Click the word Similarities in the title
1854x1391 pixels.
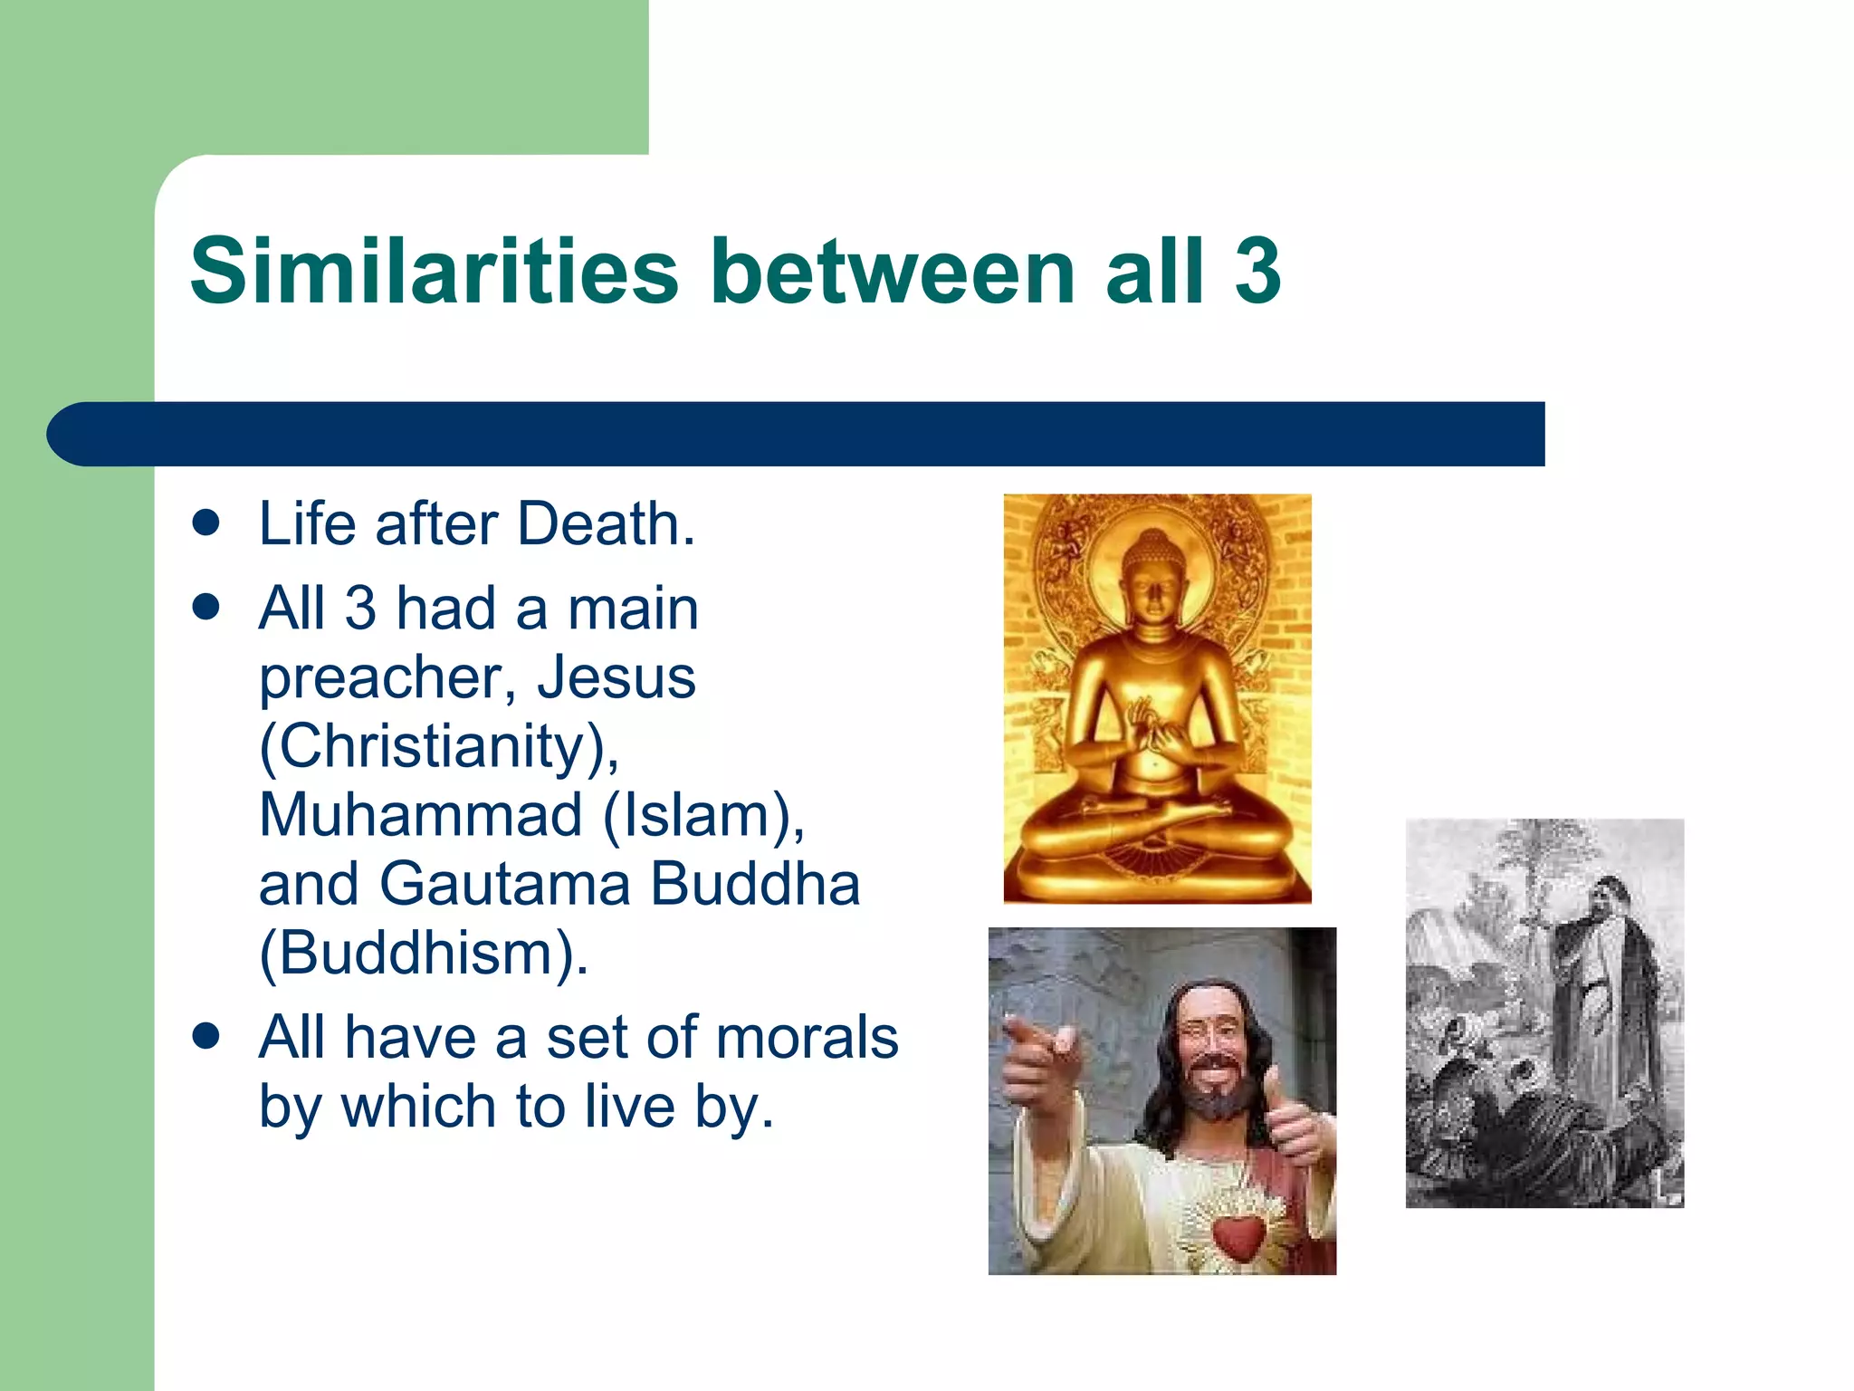pyautogui.click(x=434, y=271)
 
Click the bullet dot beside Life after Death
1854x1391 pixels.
pyautogui.click(x=206, y=523)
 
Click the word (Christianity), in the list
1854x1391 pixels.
pyautogui.click(x=440, y=746)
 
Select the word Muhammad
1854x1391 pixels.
pyautogui.click(x=421, y=815)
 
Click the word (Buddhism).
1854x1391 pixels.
pyautogui.click(x=424, y=953)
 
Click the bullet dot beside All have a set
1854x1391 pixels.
pyautogui.click(x=206, y=1037)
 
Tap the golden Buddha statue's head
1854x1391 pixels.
pyautogui.click(x=1152, y=580)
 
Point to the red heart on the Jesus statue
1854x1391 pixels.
pyautogui.click(x=1238, y=1237)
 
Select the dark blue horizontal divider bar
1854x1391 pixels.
pyautogui.click(x=797, y=434)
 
